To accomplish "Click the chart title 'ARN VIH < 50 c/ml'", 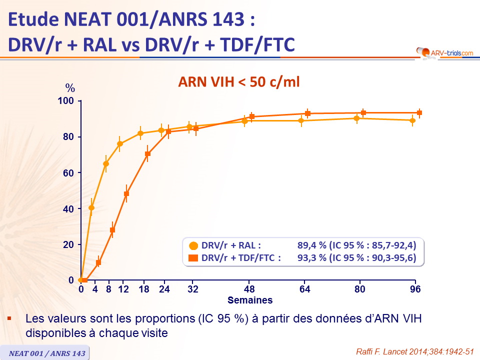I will (x=239, y=81).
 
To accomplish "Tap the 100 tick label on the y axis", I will (x=67, y=101).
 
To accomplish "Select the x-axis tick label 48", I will (x=249, y=289).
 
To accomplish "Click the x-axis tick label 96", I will (x=414, y=289).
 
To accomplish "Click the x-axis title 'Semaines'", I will (x=250, y=300).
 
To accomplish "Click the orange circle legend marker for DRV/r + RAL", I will (x=193, y=245).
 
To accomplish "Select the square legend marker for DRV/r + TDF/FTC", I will (x=193, y=258).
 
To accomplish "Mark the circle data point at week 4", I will (x=91, y=207).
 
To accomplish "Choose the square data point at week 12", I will (x=126, y=193).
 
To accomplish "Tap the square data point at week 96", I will (x=419, y=113).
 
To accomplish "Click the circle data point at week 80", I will (x=356, y=118).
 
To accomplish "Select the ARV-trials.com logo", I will (x=444, y=52).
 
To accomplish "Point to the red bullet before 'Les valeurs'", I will (x=9, y=318).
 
